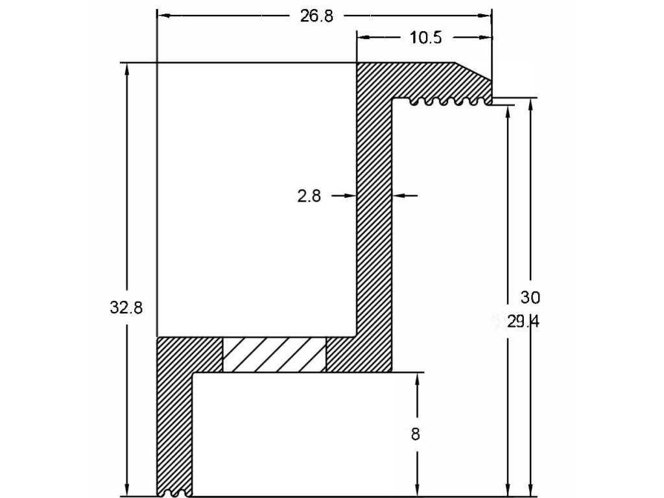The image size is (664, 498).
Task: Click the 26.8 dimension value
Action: point(316,16)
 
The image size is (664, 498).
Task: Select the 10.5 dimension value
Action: point(425,38)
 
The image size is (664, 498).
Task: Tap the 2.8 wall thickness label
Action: point(309,196)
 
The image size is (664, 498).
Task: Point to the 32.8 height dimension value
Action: point(126,308)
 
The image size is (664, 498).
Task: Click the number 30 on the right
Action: point(530,298)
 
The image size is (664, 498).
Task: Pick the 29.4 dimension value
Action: point(523,322)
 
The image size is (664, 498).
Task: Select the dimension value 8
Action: point(416,434)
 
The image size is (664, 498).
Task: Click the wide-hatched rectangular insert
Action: point(274,355)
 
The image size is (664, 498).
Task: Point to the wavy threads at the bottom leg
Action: point(176,493)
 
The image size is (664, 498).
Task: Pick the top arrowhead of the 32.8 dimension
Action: point(127,68)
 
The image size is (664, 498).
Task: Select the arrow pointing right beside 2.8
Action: point(351,195)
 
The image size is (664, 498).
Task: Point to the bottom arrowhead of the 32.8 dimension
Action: point(127,491)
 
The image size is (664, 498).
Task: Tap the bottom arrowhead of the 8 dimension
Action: point(416,491)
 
